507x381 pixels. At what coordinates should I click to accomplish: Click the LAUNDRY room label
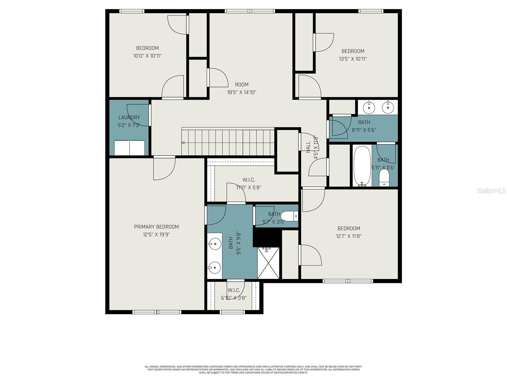click(129, 117)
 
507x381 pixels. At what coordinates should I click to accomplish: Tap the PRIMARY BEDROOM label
click(156, 227)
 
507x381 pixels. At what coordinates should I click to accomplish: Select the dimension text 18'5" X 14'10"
click(241, 92)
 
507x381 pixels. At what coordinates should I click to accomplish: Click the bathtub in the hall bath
click(362, 165)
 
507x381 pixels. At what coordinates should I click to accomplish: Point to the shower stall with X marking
click(268, 263)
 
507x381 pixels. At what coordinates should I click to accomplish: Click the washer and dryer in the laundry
click(129, 148)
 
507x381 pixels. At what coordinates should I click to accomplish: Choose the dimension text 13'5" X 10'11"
click(353, 59)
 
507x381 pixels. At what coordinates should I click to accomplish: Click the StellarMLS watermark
click(491, 190)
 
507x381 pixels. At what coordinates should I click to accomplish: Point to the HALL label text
click(308, 148)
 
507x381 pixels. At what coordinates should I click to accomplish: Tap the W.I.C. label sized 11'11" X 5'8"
click(248, 180)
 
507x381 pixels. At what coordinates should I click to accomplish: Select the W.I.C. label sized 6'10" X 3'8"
click(234, 290)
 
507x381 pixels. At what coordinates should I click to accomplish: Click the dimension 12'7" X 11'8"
click(349, 236)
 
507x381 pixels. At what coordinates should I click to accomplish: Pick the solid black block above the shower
click(267, 237)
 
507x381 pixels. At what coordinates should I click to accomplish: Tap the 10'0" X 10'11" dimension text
click(147, 56)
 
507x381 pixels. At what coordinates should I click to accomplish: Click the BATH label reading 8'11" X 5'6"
click(364, 122)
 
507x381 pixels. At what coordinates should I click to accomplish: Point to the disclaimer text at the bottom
click(253, 370)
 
